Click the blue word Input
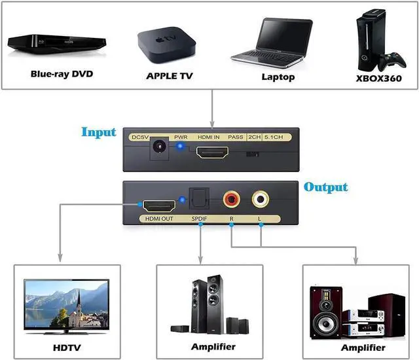point(99,132)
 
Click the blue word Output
point(325,187)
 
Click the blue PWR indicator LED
point(179,146)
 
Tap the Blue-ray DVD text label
point(62,73)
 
